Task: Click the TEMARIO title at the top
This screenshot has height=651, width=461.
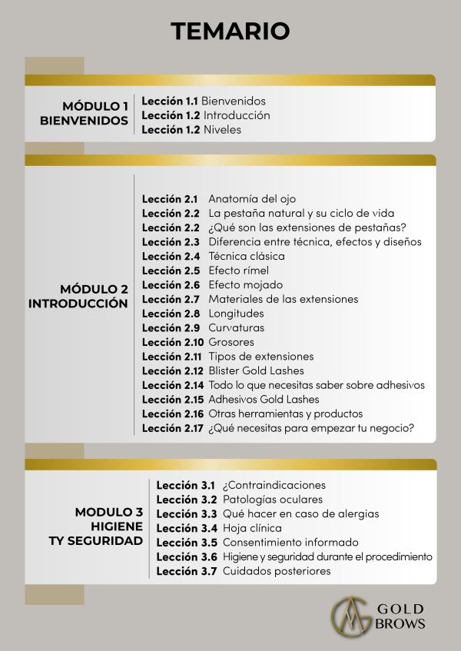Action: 230,30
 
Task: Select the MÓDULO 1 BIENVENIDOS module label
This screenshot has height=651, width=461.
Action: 85,113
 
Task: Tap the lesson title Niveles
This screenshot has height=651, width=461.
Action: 222,130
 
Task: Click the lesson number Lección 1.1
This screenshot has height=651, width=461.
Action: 169,101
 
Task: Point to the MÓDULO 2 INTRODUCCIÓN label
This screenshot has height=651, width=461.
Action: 78,296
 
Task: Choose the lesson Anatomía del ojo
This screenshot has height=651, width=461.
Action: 252,198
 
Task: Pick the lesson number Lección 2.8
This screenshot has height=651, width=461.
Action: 170,314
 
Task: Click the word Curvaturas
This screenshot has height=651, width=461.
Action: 236,327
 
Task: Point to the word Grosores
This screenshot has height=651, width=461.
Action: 230,342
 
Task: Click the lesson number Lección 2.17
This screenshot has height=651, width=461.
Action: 172,428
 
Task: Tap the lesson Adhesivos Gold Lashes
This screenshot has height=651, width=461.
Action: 264,400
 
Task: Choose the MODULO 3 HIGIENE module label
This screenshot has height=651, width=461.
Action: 108,526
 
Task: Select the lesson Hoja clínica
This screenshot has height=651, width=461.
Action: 252,528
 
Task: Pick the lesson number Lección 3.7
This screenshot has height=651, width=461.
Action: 184,571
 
